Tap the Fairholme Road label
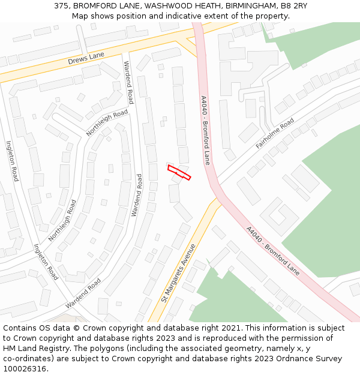click(x=275, y=133)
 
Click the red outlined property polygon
click(x=179, y=172)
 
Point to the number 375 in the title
click(x=61, y=5)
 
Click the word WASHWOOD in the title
click(x=169, y=5)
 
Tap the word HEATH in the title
click(x=207, y=5)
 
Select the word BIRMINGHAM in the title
click(x=251, y=5)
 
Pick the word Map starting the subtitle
click(x=80, y=16)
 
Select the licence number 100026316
click(x=25, y=369)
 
